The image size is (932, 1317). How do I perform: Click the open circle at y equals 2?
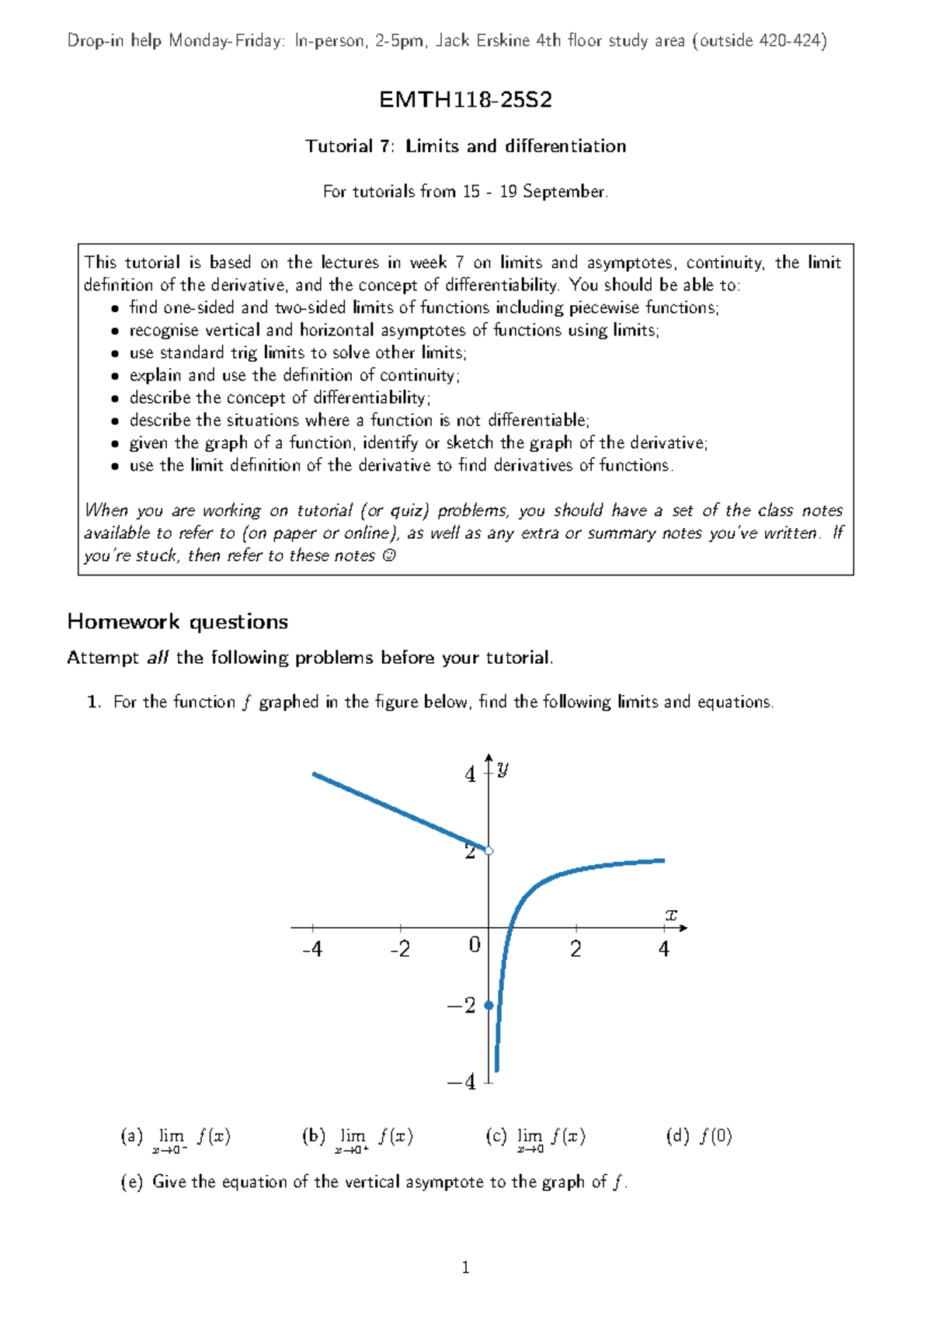pyautogui.click(x=489, y=851)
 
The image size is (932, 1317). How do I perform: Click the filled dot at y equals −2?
pyautogui.click(x=489, y=1005)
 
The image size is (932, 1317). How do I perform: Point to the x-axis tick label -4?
pyautogui.click(x=311, y=949)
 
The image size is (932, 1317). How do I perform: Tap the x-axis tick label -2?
pyautogui.click(x=399, y=949)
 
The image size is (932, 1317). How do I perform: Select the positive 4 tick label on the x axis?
pyautogui.click(x=663, y=949)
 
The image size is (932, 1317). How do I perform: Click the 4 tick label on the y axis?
pyautogui.click(x=470, y=774)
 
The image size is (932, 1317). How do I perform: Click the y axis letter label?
pyautogui.click(x=503, y=768)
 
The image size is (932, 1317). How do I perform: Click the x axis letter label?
pyautogui.click(x=671, y=915)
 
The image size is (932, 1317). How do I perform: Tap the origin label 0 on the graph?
pyautogui.click(x=475, y=945)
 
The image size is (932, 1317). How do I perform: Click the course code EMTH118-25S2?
pyautogui.click(x=465, y=99)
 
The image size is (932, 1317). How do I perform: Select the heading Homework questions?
pyautogui.click(x=177, y=621)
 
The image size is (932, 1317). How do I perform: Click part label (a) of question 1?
pyautogui.click(x=131, y=1136)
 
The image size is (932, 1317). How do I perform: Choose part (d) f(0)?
pyautogui.click(x=699, y=1136)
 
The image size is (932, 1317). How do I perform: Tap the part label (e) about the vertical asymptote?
pyautogui.click(x=131, y=1181)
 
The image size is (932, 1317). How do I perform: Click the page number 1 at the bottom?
pyautogui.click(x=465, y=1268)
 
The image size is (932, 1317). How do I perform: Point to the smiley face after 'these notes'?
pyautogui.click(x=389, y=555)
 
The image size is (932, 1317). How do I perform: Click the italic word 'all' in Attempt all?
pyautogui.click(x=158, y=657)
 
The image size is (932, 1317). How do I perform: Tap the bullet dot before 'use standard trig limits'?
pyautogui.click(x=115, y=353)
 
